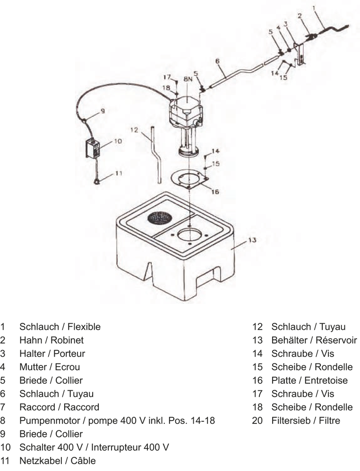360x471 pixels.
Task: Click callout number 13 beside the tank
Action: coord(252,240)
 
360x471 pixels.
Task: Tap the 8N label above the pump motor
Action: coord(188,80)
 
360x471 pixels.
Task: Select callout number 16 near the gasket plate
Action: coord(215,192)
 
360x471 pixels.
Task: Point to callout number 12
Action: coord(134,130)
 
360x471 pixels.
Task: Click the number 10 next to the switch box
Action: coord(118,141)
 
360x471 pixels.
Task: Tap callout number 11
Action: coord(119,173)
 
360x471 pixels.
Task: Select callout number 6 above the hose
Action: coord(217,61)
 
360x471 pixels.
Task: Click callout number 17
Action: coord(167,76)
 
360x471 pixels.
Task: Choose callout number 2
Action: coord(300,16)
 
